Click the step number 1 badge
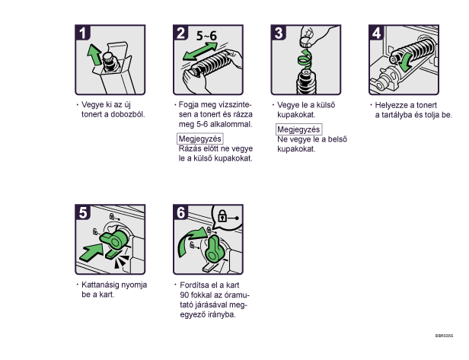click(82, 33)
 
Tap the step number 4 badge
click(376, 33)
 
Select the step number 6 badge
click(180, 212)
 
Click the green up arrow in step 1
click(94, 55)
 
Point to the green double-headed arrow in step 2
click(200, 51)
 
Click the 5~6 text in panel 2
click(206, 36)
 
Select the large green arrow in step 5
click(91, 253)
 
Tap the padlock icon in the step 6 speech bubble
click(222, 215)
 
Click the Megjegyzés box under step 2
click(200, 139)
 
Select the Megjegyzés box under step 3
click(298, 129)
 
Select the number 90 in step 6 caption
click(184, 295)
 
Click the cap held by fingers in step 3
click(305, 42)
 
